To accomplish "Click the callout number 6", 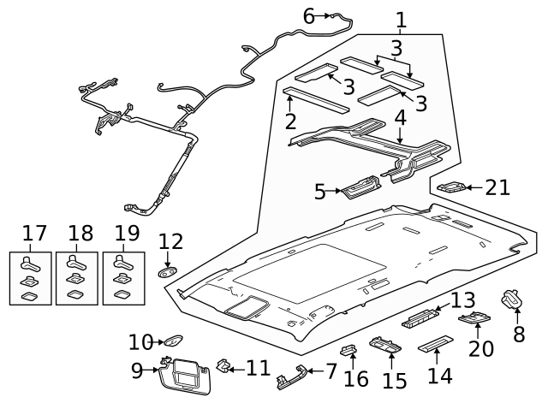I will click(309, 15).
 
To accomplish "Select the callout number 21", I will click(497, 187).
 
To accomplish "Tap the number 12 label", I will click(170, 243).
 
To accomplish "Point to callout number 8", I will click(518, 333).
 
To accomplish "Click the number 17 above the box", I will click(34, 233).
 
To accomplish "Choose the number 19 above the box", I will click(126, 233).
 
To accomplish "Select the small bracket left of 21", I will click(450, 187).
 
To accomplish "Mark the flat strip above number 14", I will click(434, 345).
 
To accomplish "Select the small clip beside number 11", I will click(224, 366).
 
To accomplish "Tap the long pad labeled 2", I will click(316, 99).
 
